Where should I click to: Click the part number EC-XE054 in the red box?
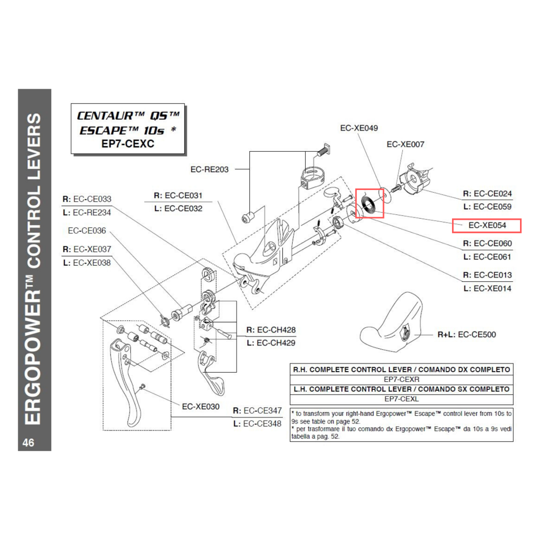pos(487,225)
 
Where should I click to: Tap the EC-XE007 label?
pos(406,144)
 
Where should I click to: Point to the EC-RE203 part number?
pos(209,169)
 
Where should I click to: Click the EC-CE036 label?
pos(87,231)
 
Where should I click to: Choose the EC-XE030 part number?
pos(200,406)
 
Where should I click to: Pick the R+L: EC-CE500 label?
pos(467,335)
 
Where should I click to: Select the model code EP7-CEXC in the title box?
pos(127,144)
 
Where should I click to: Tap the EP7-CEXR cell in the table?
pos(401,380)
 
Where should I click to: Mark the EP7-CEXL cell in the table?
pos(401,399)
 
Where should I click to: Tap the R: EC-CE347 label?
pos(257,411)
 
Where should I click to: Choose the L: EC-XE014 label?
pos(487,288)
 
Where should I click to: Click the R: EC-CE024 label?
pos(487,193)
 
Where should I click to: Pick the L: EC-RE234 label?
pos(87,213)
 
